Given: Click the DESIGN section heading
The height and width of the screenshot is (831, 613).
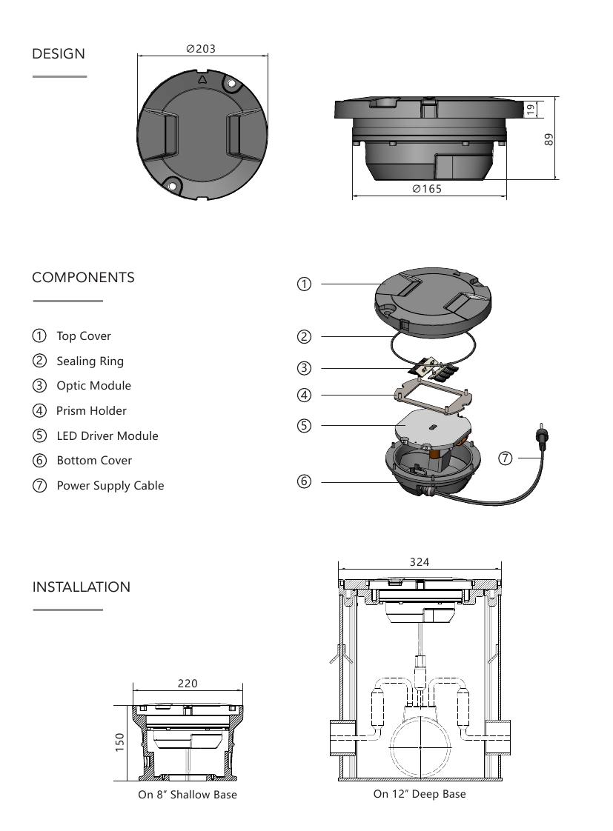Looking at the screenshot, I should [59, 54].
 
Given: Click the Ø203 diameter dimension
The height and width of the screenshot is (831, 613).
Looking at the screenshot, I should [201, 49].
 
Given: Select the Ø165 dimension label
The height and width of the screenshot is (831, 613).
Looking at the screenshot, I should [427, 189].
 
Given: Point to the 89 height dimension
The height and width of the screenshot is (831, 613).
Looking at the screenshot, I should [549, 138].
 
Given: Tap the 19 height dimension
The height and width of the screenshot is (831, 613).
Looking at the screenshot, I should [531, 109].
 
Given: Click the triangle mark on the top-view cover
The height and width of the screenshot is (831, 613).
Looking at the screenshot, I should [202, 79].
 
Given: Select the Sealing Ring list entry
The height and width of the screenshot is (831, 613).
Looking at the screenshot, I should [90, 361].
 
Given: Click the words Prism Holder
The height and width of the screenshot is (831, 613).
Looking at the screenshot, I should [91, 410].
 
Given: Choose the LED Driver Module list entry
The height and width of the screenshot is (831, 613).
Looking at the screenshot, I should [107, 435].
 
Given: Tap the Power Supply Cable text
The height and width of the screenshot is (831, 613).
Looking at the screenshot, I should [110, 485].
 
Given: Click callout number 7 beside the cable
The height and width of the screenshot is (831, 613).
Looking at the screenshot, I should [506, 458].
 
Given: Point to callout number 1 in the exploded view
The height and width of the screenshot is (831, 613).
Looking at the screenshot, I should [304, 284].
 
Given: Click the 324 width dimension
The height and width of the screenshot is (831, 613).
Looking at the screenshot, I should [420, 562].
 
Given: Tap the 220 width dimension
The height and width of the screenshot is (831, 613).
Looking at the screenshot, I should [188, 684].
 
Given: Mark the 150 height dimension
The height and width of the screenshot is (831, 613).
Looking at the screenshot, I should [119, 742].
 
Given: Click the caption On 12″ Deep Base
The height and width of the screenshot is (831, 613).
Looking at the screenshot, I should [420, 794].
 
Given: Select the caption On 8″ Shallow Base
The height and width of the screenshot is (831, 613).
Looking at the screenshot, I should [188, 795].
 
